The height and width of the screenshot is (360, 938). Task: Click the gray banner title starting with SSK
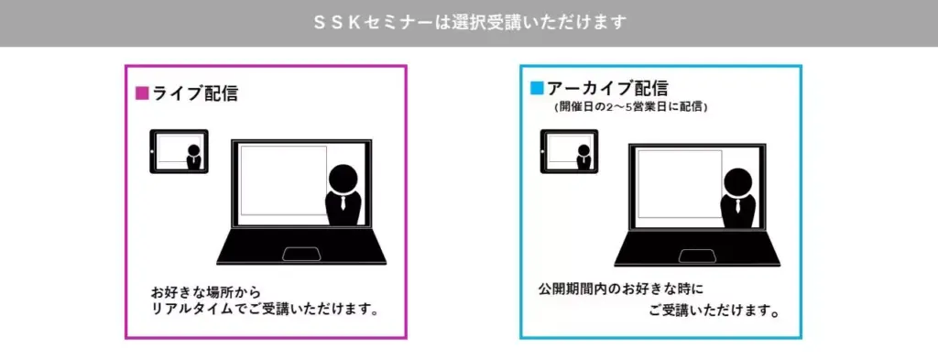point(470,23)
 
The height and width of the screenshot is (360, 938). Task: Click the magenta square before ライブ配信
point(142,93)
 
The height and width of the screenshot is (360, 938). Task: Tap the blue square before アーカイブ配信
point(537,89)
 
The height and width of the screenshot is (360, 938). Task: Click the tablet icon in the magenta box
point(179,152)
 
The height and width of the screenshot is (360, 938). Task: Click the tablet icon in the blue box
point(570,152)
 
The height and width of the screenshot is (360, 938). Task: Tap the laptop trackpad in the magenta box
point(300,254)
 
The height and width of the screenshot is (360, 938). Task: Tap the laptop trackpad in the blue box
point(697,256)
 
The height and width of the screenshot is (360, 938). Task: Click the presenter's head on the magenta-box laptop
point(343,178)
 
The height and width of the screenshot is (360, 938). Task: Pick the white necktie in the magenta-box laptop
point(343,202)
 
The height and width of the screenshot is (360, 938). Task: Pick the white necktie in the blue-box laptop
point(737,206)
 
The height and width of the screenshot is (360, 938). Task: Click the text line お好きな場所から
point(206,294)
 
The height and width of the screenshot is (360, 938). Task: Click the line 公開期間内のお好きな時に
point(620,289)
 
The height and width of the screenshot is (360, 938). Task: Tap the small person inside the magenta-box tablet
point(194,157)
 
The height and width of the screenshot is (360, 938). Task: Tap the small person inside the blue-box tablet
point(584,157)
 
